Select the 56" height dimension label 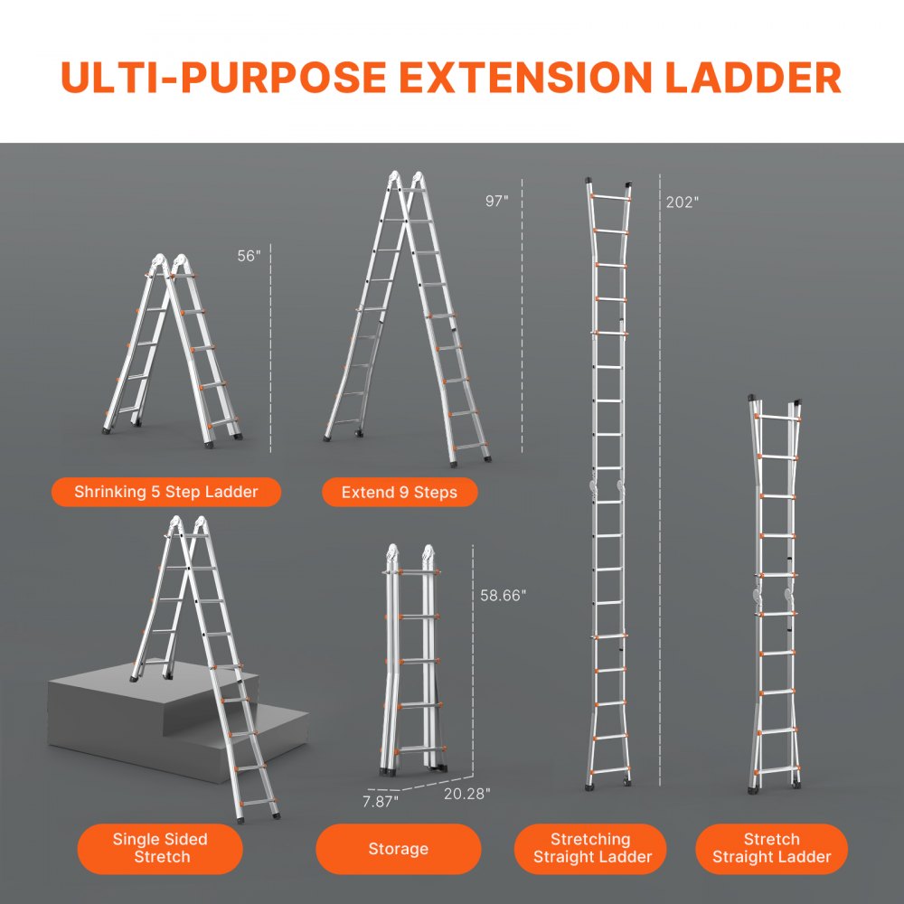(x=249, y=256)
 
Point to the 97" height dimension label (x=497, y=202)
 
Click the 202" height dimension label (x=683, y=202)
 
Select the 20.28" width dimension (x=466, y=793)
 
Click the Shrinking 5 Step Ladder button (x=166, y=492)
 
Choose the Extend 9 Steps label (x=400, y=493)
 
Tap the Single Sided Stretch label (x=160, y=848)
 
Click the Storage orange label (x=398, y=849)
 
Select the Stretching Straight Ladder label (x=590, y=848)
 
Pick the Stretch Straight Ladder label (x=771, y=848)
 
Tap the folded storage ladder (x=411, y=660)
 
